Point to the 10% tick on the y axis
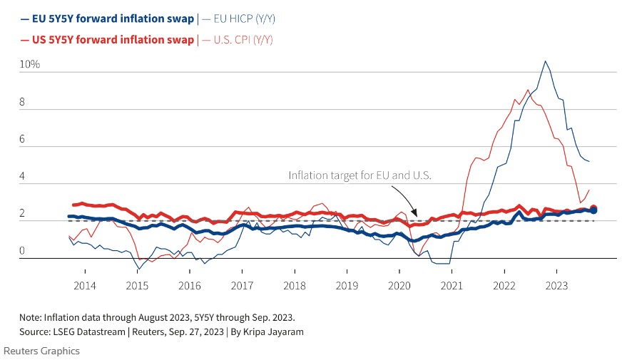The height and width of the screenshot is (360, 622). (29, 65)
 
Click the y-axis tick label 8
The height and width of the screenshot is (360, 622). (23, 103)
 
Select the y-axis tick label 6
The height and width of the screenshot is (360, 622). (23, 140)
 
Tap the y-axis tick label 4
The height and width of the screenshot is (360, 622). (23, 177)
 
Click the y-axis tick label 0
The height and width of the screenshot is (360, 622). (23, 251)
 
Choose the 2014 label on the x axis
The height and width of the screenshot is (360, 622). (84, 285)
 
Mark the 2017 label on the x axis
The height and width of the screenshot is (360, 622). (242, 285)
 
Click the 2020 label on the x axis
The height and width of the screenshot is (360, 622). (399, 285)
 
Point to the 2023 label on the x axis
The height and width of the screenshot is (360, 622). (557, 285)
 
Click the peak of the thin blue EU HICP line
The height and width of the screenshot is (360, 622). (545, 61)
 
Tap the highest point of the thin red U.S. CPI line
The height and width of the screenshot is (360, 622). (527, 90)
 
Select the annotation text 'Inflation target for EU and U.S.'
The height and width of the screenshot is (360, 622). (360, 175)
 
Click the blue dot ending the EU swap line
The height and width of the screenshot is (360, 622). (593, 210)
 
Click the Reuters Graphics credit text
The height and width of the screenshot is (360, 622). (41, 351)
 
